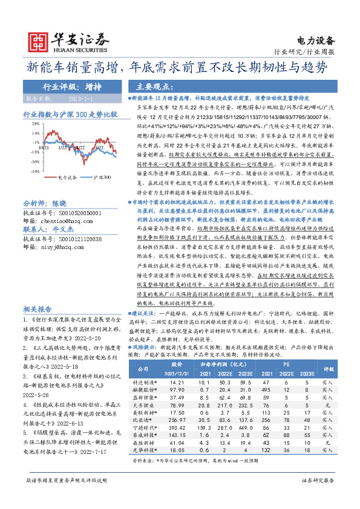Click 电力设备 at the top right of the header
pyautogui.click(x=316, y=41)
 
